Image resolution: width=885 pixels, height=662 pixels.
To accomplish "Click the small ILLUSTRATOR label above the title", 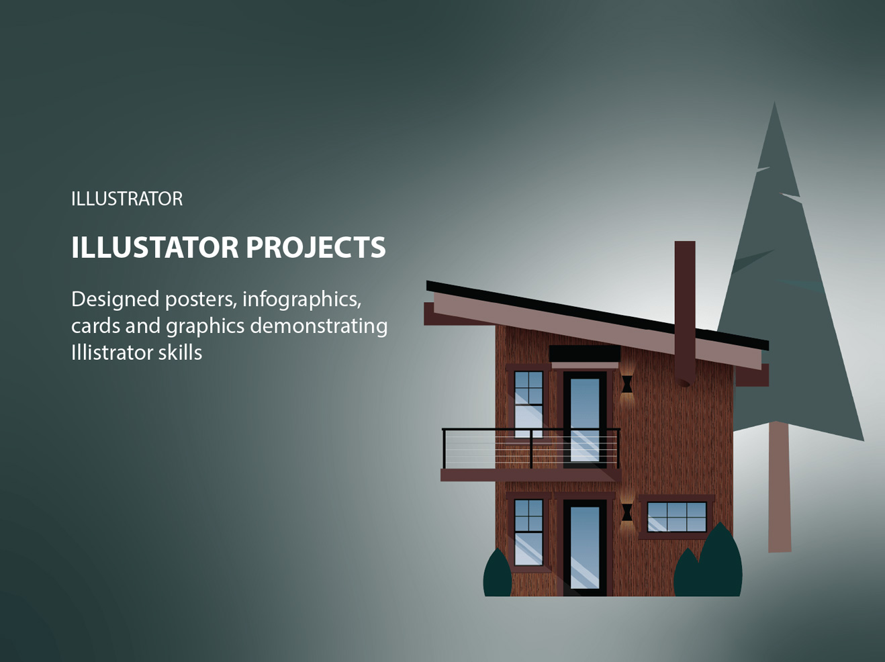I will (127, 199).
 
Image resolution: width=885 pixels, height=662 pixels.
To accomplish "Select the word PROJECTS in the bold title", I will (316, 247).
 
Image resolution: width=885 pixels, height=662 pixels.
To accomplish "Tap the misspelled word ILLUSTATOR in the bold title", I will (154, 247).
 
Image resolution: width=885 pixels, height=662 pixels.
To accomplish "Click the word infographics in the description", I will (301, 299).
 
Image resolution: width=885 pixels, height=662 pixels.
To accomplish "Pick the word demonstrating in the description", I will (318, 326).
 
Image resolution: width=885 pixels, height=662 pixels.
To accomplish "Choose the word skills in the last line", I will (179, 352).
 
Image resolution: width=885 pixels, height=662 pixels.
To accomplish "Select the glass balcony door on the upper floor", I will (584, 420).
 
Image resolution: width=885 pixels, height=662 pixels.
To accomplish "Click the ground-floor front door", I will (584, 547).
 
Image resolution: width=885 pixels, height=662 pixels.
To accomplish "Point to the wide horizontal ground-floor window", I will (677, 517).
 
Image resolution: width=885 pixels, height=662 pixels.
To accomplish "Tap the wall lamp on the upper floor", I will (626, 384).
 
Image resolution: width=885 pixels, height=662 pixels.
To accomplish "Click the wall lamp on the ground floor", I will (626, 512).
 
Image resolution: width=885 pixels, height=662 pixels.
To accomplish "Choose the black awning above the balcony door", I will (584, 353).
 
